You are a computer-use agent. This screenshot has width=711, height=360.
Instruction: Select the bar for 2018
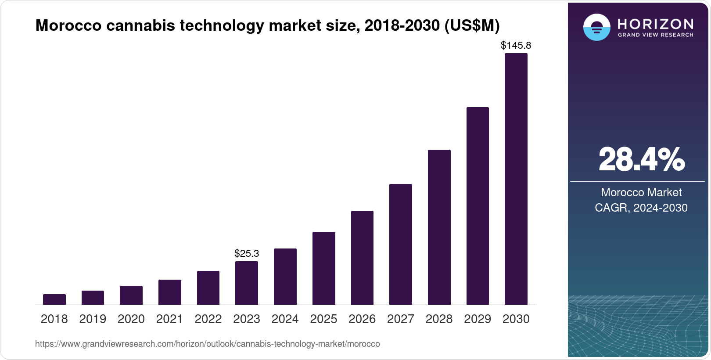(x=54, y=299)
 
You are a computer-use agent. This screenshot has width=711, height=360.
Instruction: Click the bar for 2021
(x=170, y=292)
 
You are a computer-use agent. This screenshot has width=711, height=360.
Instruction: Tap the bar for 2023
(x=247, y=283)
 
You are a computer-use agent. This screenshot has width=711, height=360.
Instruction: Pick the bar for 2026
(x=362, y=258)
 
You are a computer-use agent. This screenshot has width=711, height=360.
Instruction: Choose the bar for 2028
(x=439, y=227)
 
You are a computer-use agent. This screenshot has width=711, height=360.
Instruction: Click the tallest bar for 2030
(x=516, y=179)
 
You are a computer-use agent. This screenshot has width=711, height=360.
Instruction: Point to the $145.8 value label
(x=516, y=45)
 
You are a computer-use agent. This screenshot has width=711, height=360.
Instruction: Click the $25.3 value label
(x=247, y=253)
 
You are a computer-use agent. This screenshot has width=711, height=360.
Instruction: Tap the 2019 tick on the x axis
(x=93, y=319)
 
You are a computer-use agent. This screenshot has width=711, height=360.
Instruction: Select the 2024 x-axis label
(x=285, y=319)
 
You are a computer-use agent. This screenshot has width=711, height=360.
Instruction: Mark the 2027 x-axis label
(x=401, y=319)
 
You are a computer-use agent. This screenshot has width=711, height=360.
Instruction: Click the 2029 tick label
(x=478, y=319)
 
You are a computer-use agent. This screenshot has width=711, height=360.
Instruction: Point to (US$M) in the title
(x=472, y=25)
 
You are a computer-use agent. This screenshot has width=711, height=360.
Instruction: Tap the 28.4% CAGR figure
(x=641, y=160)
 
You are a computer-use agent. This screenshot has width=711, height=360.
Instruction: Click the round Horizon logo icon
(x=596, y=27)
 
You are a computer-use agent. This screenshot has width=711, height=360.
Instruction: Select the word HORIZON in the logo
(x=656, y=24)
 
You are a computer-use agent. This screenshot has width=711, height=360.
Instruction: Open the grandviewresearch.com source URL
(x=207, y=344)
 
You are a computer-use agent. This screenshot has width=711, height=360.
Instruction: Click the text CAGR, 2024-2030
(x=641, y=208)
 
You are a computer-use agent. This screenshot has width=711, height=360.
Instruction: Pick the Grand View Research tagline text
(x=656, y=35)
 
